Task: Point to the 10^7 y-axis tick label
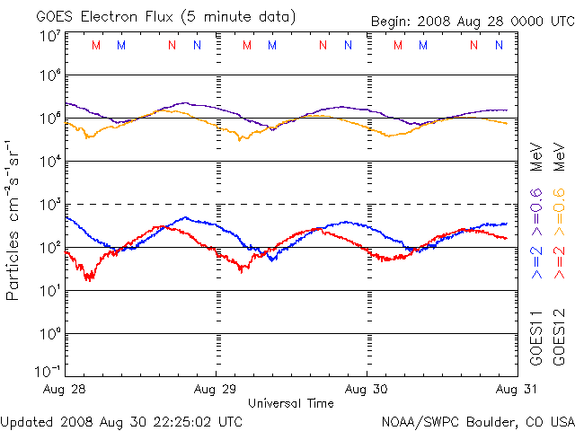(x=49, y=36)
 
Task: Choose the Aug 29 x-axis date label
(x=216, y=390)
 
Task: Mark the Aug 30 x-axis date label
(x=367, y=390)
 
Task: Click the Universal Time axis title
(x=290, y=403)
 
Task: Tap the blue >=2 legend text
(x=536, y=260)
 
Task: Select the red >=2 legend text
(x=558, y=260)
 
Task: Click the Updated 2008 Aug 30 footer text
(x=121, y=421)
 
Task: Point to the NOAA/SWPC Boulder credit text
(x=477, y=421)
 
